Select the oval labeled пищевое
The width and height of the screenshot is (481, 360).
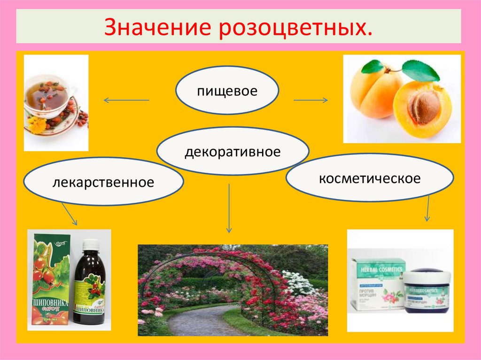tap(227, 91)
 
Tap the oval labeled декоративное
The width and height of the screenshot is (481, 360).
tap(233, 152)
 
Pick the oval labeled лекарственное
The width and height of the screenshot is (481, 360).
tap(103, 181)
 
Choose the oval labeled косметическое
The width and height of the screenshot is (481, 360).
tap(369, 179)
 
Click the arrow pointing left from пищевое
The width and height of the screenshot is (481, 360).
tap(126, 100)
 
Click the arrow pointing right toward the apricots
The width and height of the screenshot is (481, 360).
tap(310, 100)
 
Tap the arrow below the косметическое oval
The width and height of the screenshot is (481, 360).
tap(427, 209)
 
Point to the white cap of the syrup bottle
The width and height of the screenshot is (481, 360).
tap(91, 244)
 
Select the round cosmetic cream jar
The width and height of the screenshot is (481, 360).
tap(427, 291)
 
